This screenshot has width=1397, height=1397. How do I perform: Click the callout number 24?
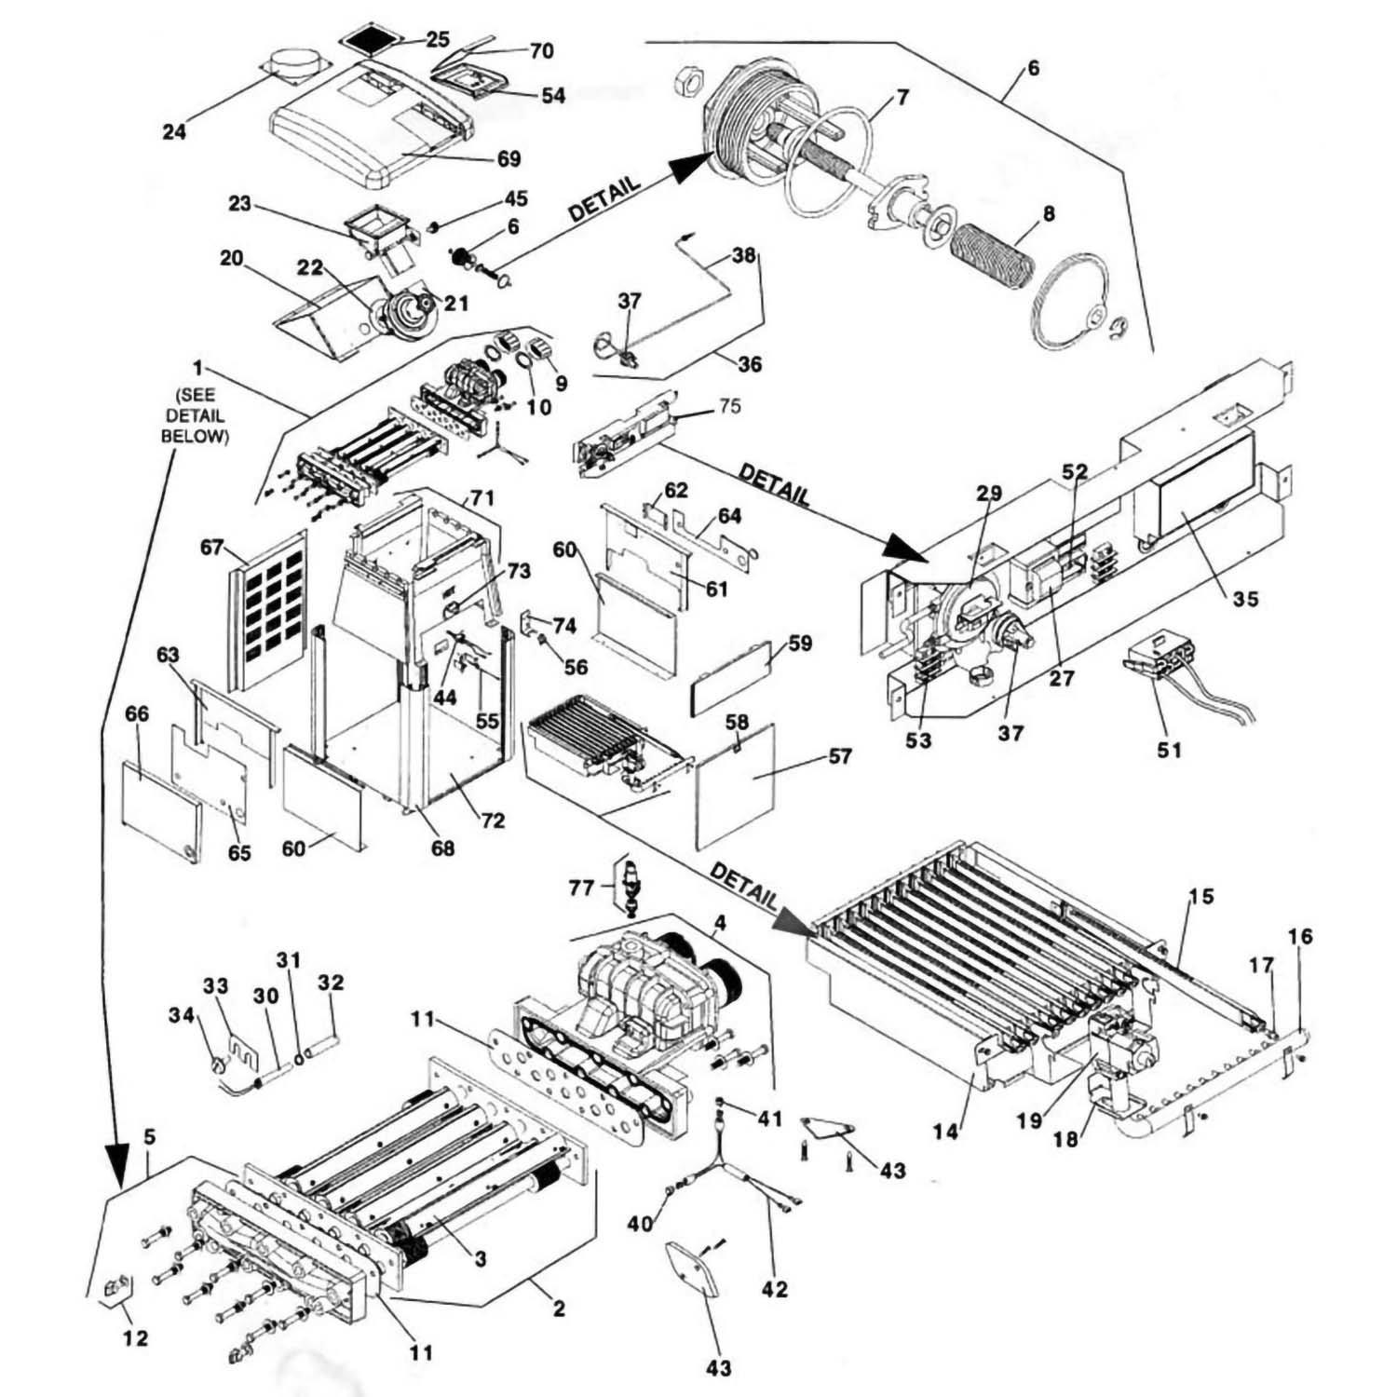coord(174,131)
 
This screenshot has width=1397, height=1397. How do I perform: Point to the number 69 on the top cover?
coord(509,159)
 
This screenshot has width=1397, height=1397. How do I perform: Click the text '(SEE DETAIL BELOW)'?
coord(196,415)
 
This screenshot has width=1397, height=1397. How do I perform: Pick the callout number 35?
coord(1245,599)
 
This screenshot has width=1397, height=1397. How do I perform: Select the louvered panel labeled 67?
coord(268,612)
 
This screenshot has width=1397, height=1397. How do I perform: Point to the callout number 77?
coord(581,888)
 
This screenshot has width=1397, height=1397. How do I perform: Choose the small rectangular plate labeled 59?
coord(731,674)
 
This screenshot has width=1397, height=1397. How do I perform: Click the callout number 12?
coord(135,1338)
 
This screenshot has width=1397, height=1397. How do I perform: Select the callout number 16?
coord(1300,936)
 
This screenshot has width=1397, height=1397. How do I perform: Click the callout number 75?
coord(729,406)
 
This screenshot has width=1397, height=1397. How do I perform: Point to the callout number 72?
coord(493,820)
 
